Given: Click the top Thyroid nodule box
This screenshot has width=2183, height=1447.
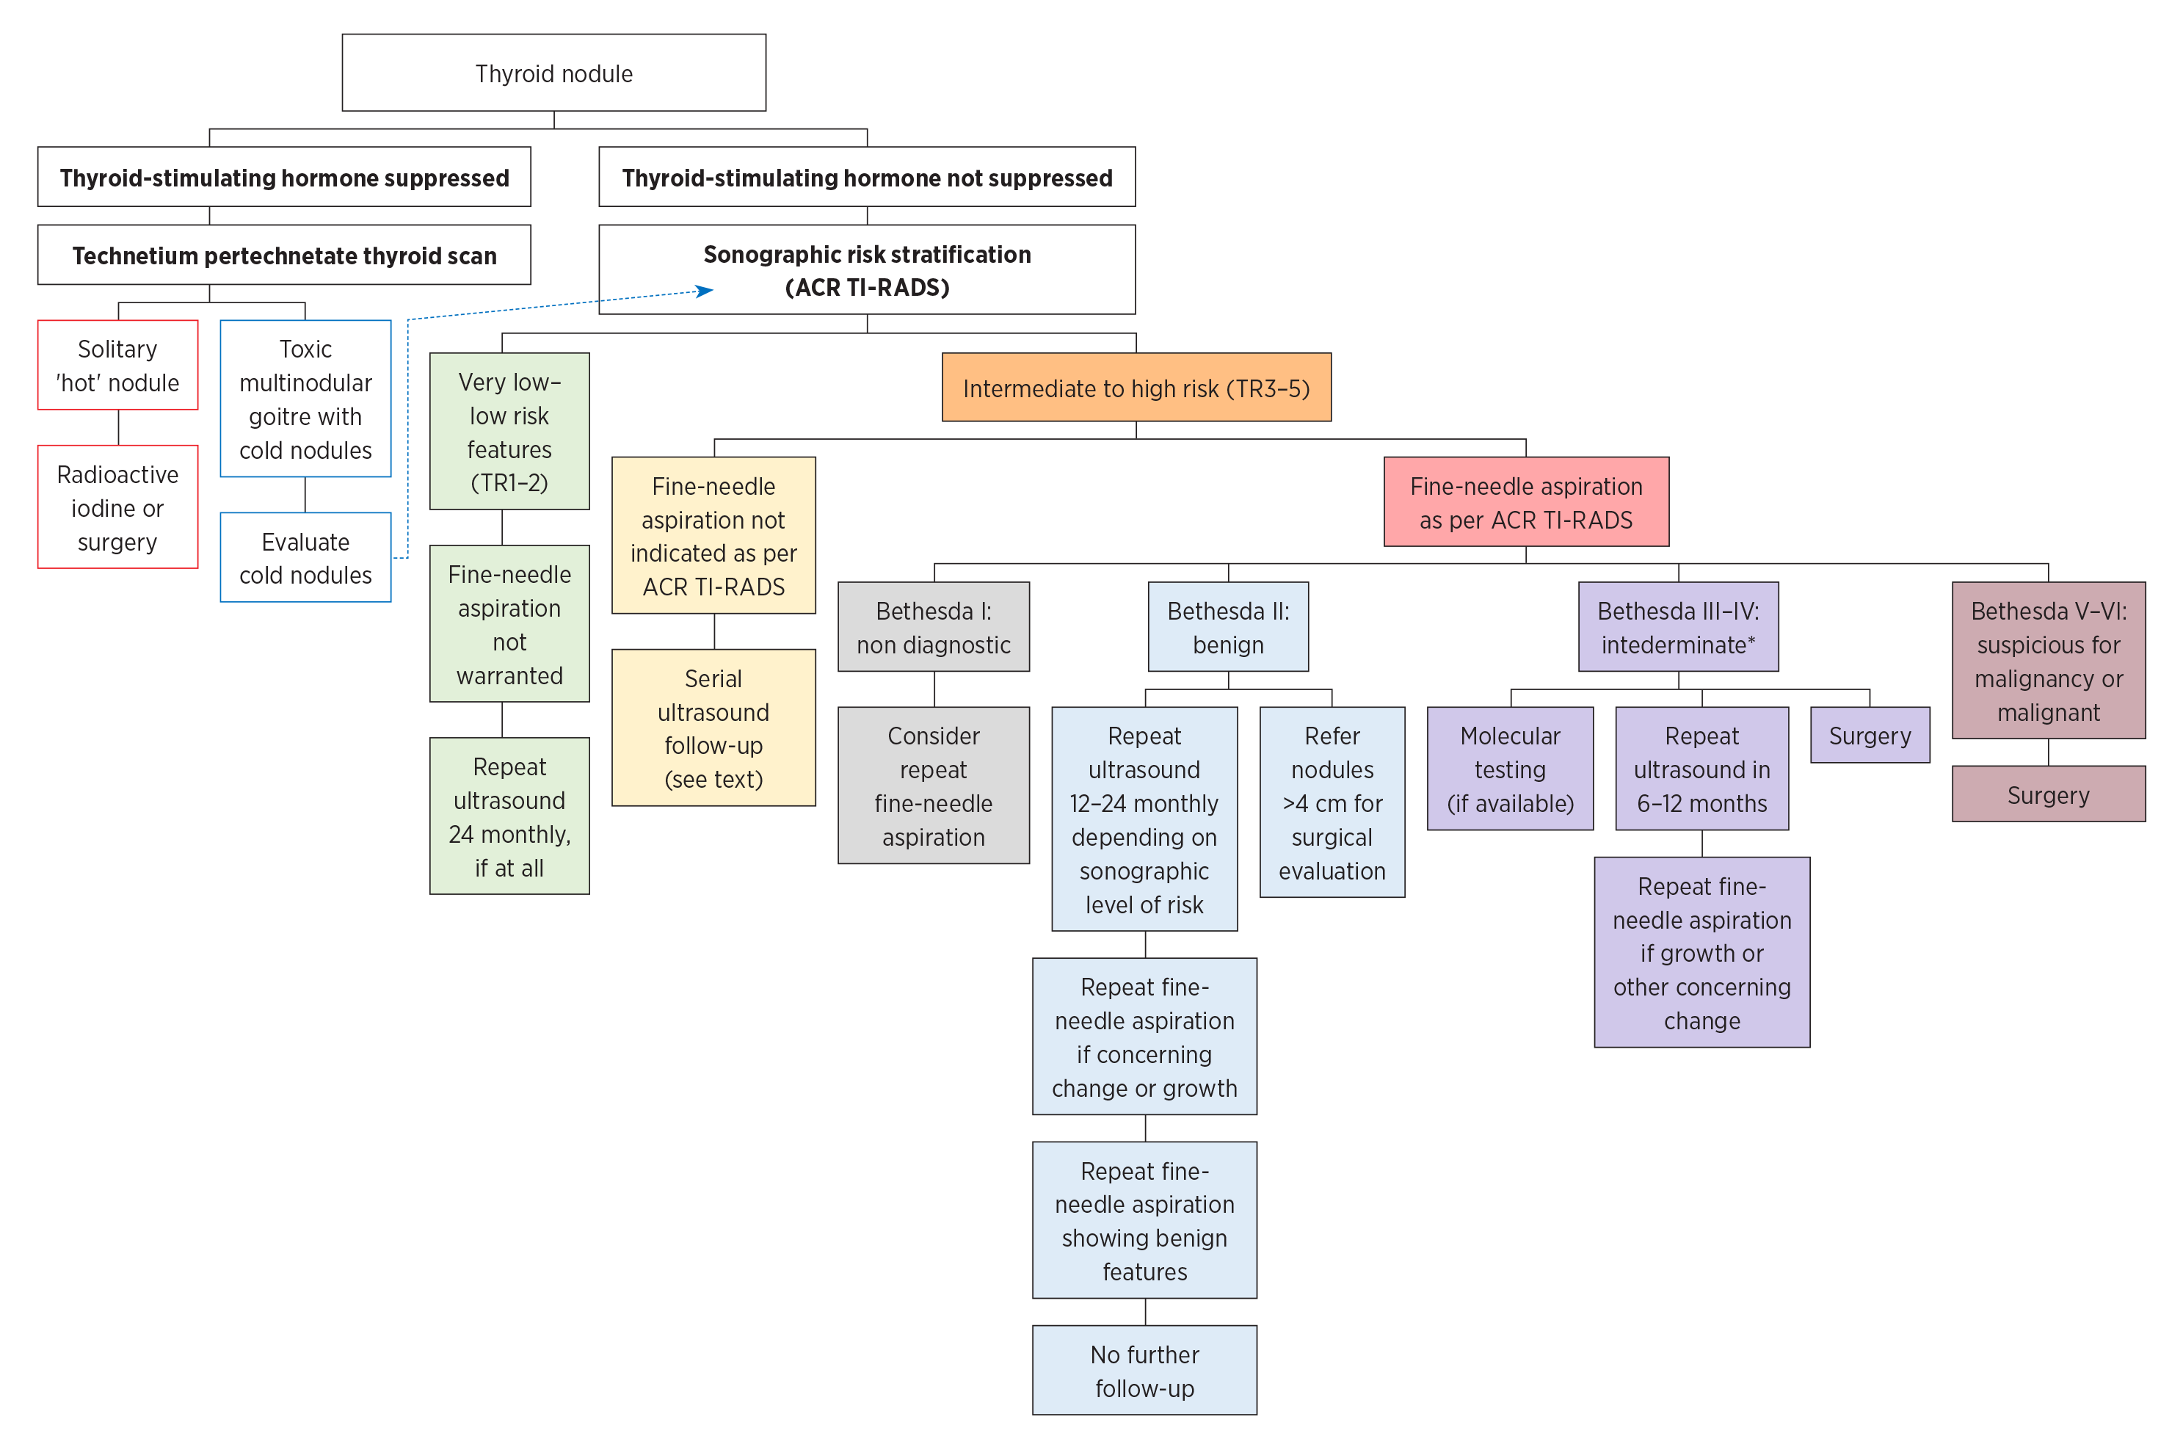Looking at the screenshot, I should (553, 73).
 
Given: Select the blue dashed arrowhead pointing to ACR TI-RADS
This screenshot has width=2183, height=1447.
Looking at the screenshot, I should (705, 291).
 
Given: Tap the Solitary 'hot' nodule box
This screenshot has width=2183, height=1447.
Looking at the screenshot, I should (117, 366).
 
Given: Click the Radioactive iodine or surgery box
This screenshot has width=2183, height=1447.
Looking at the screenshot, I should (117, 507).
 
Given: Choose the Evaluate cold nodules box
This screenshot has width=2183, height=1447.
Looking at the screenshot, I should (305, 557).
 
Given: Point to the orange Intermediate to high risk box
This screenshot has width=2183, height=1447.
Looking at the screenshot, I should (1136, 388).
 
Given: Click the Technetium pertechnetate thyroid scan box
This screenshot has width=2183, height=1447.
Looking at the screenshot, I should (284, 255).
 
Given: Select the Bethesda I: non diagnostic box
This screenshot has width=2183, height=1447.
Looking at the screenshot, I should (933, 628).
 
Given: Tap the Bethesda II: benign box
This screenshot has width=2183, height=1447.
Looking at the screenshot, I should (1227, 628).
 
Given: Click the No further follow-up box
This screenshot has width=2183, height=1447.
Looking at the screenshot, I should (1144, 1371).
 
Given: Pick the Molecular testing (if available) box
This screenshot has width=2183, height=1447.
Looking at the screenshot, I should (1509, 769).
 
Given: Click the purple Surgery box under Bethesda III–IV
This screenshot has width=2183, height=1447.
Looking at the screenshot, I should (1870, 736).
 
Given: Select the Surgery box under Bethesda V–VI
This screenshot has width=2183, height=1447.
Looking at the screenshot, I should (2047, 794).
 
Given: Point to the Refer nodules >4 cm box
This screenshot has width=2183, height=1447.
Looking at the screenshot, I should (1332, 803).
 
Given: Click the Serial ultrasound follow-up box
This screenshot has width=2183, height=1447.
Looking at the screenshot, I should (713, 728).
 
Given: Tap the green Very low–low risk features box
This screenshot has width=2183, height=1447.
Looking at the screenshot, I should (509, 431).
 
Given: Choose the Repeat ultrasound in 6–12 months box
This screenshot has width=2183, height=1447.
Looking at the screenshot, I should (1701, 769).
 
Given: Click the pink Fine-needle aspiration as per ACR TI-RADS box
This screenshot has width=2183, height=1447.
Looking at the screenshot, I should (1525, 502).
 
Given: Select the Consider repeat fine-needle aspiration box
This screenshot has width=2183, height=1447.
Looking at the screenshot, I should (933, 786).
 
